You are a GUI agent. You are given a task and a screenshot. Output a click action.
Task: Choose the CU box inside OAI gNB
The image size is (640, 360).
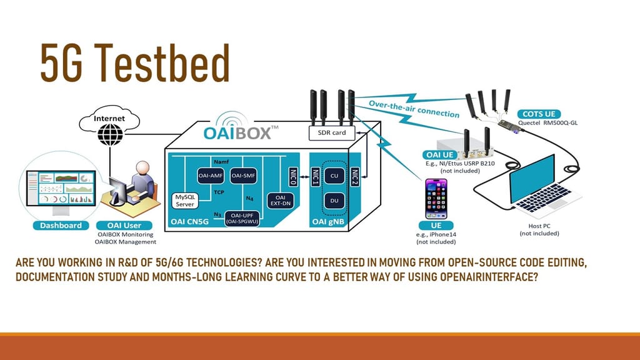pyautogui.click(x=334, y=176)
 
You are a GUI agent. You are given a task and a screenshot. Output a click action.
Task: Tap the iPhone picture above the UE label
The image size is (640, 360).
pyautogui.click(x=437, y=199)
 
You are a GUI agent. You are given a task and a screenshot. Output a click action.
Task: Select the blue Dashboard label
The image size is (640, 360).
pyautogui.click(x=61, y=225)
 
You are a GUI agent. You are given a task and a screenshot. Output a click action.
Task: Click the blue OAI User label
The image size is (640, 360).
pyautogui.click(x=125, y=225)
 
